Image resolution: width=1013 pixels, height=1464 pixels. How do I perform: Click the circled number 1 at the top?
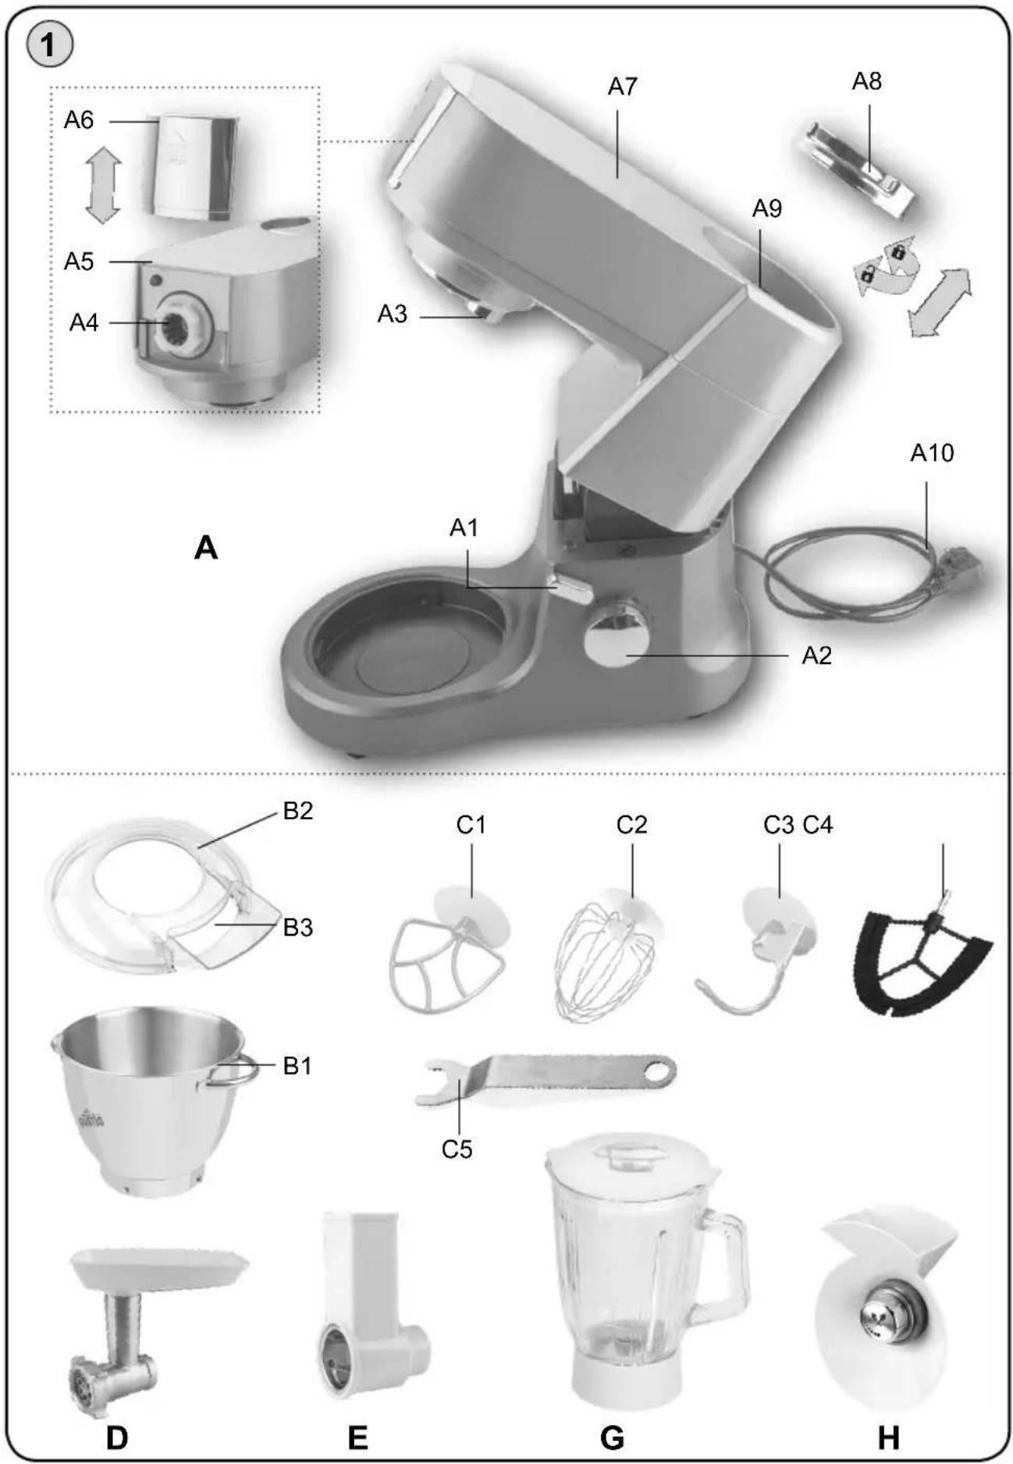pos(50,45)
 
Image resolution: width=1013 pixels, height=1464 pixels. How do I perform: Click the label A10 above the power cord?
pos(931,453)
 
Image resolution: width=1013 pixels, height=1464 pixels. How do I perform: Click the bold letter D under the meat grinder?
pos(117,1436)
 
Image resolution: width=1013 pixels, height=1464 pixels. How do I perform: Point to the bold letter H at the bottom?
pos(888,1436)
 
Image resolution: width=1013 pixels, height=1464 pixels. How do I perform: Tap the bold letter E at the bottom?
pos(357,1436)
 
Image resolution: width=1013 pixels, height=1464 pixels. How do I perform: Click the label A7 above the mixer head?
pos(622,87)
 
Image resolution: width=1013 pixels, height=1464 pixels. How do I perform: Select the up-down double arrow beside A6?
pos(102,187)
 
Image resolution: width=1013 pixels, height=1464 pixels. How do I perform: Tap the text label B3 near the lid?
pos(297,928)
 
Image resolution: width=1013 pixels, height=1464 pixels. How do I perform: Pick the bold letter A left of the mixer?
pos(206,548)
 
